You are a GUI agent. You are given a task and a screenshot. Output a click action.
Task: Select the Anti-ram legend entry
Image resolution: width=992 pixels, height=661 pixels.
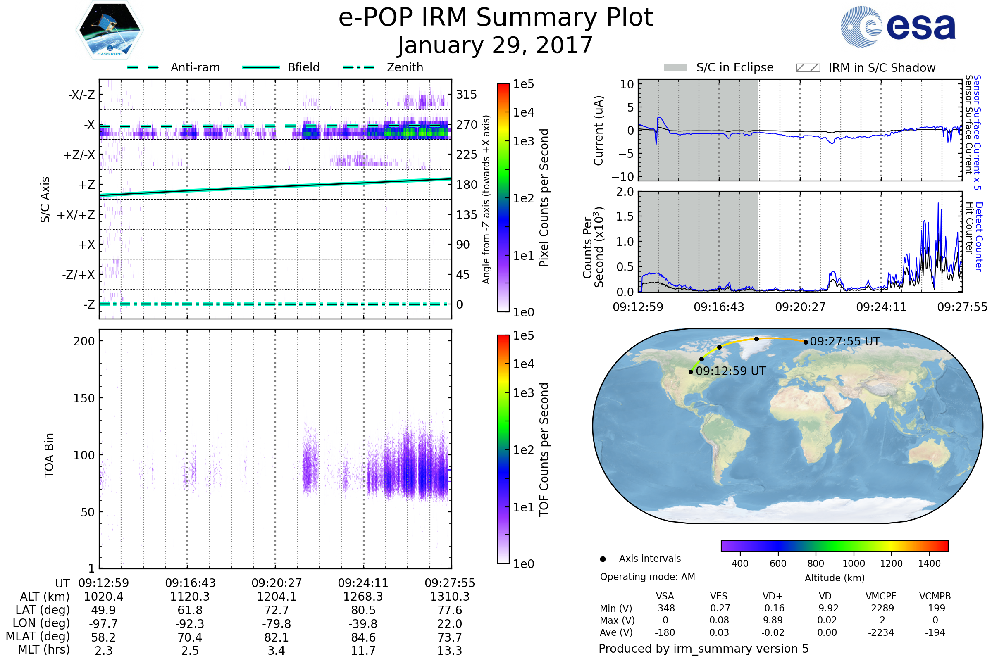[174, 67]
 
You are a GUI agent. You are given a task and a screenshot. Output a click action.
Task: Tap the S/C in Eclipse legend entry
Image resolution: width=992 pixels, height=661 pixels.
[718, 67]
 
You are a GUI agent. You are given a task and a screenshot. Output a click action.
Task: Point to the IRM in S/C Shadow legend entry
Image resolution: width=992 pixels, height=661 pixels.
[866, 68]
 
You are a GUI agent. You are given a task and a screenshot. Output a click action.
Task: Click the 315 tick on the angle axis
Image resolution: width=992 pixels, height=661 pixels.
[466, 95]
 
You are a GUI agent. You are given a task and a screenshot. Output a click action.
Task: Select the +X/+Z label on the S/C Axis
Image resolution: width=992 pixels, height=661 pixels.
[76, 215]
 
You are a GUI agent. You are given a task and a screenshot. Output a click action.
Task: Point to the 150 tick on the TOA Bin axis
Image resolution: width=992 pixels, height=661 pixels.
[84, 398]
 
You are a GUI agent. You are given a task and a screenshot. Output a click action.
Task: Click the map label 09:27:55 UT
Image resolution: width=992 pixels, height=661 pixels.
[845, 342]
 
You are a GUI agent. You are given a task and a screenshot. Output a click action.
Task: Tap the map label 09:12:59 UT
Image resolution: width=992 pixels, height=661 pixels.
[730, 371]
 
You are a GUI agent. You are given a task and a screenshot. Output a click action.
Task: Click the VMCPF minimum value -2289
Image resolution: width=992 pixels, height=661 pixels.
[881, 608]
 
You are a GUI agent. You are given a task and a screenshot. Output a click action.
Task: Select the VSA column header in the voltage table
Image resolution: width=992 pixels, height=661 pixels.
[665, 596]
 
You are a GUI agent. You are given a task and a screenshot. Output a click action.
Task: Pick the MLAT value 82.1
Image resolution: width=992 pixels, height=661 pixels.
[276, 637]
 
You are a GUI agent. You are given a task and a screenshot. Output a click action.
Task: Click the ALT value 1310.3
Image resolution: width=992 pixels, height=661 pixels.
[450, 597]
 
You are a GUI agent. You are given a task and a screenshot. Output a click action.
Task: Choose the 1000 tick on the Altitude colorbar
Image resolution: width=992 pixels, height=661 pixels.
[853, 564]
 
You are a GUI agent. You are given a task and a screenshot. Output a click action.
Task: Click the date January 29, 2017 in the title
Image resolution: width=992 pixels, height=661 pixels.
[495, 45]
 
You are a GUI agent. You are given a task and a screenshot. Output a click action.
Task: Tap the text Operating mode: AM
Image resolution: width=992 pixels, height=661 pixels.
[647, 577]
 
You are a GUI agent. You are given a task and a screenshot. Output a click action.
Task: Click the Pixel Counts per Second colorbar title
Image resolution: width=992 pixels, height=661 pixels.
[544, 198]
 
